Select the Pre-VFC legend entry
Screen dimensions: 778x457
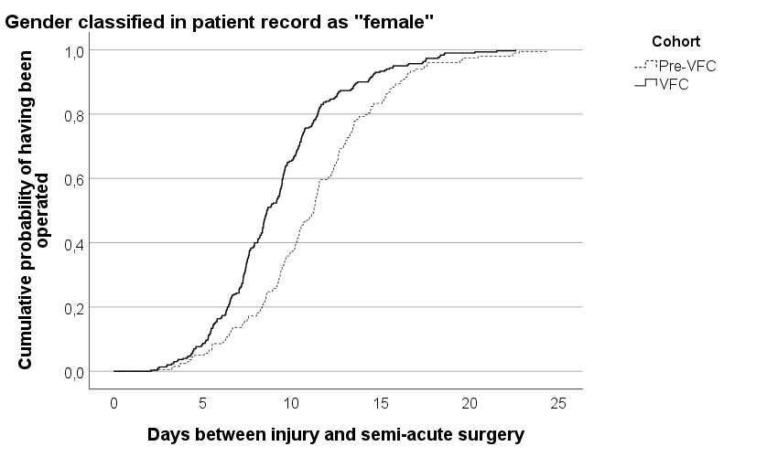675,66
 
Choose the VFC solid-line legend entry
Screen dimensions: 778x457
662,84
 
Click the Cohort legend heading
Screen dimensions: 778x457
675,41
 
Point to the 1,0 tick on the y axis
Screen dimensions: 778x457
74,51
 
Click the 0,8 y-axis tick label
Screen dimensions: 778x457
74,115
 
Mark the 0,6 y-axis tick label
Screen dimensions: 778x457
74,179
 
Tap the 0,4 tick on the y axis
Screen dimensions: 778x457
74,244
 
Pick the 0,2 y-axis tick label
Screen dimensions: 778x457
74,308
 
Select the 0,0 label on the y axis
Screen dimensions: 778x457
74,372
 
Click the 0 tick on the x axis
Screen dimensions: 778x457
114,403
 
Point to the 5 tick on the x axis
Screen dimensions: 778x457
202,403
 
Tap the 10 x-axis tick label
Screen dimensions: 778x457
292,403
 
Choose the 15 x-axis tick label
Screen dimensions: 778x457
381,403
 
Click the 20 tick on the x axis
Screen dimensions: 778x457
470,403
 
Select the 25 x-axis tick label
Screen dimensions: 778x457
558,403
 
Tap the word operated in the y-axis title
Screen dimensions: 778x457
42,210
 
